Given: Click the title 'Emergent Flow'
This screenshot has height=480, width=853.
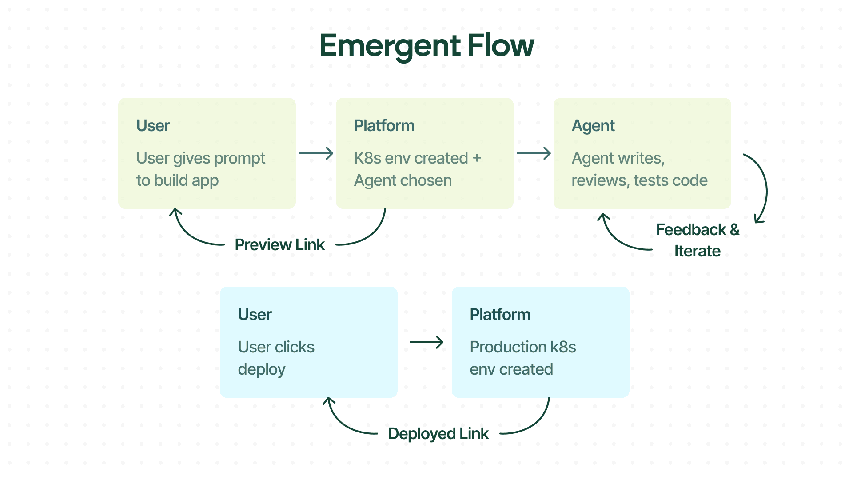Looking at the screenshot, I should pyautogui.click(x=426, y=46).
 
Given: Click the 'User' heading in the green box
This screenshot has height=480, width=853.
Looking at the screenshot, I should pyautogui.click(x=153, y=126).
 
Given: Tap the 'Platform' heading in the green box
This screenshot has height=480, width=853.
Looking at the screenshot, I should pyautogui.click(x=384, y=126).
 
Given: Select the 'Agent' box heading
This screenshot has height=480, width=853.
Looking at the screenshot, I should pyautogui.click(x=593, y=126).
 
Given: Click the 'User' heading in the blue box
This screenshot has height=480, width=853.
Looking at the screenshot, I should pyautogui.click(x=255, y=315).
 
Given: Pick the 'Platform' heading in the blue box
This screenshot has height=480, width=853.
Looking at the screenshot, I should pyautogui.click(x=500, y=315).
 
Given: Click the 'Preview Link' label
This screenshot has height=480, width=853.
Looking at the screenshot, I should pyautogui.click(x=279, y=245).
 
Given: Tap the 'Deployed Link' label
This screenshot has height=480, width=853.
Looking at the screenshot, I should pyautogui.click(x=438, y=434).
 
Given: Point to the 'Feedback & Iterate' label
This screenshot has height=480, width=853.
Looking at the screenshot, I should pyautogui.click(x=698, y=240).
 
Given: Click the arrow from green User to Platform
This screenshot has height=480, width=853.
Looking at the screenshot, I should pyautogui.click(x=316, y=153).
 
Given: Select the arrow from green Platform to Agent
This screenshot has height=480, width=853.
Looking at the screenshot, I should pyautogui.click(x=534, y=153).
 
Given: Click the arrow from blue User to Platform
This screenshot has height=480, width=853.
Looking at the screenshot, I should pyautogui.click(x=426, y=342).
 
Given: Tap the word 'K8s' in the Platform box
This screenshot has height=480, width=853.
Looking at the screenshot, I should pyautogui.click(x=367, y=158).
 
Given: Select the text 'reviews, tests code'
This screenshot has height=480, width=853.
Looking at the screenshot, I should pyautogui.click(x=639, y=181).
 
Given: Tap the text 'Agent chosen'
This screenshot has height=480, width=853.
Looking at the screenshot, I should pyautogui.click(x=403, y=181).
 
